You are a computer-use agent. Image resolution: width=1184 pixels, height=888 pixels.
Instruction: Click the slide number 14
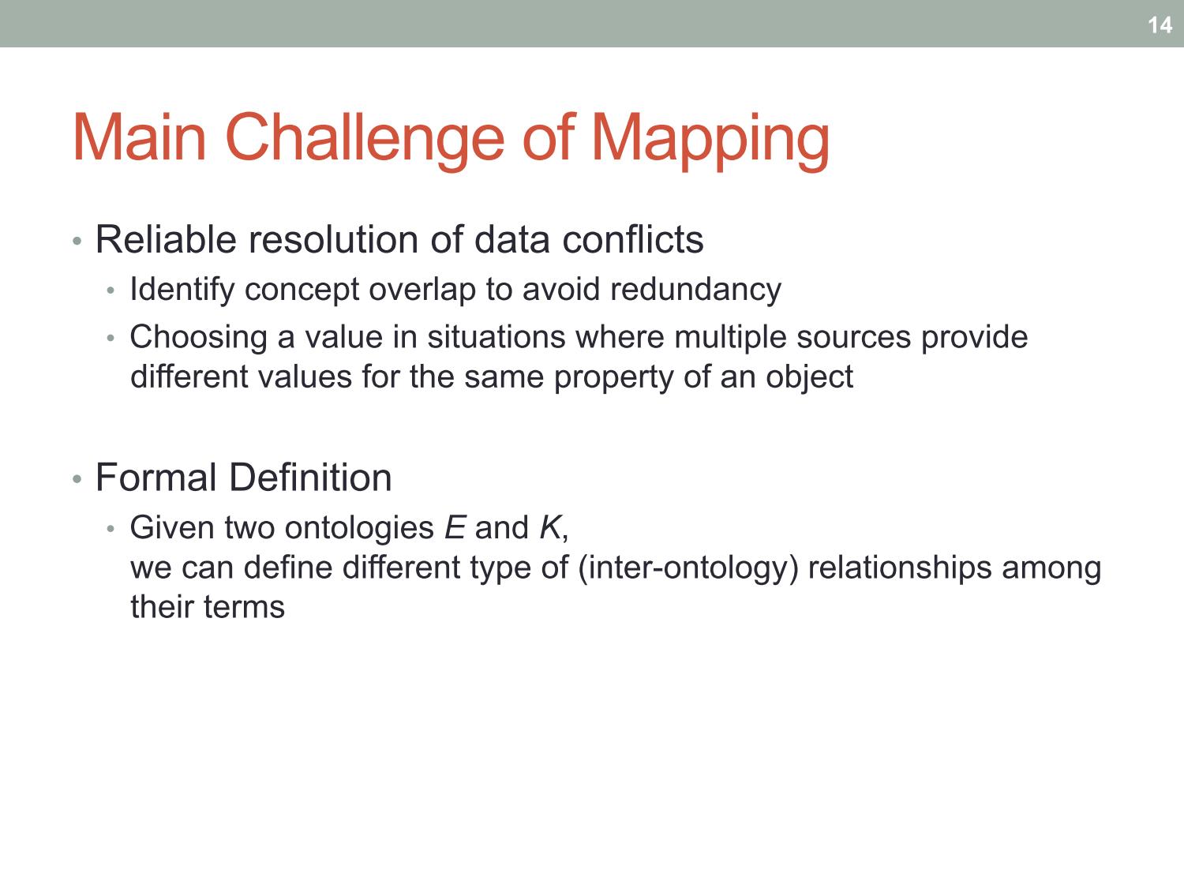click(x=1160, y=25)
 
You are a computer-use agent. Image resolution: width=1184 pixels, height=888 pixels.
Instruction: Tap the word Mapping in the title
click(x=710, y=139)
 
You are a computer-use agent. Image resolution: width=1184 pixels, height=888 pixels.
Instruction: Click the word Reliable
click(x=166, y=239)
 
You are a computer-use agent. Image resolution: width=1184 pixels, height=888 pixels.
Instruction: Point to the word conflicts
click(x=633, y=239)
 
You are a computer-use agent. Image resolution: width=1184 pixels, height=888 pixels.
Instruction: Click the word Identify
click(x=182, y=290)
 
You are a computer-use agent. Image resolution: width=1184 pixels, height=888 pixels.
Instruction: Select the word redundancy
click(x=696, y=290)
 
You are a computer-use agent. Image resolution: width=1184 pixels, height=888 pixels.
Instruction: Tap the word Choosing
click(x=198, y=338)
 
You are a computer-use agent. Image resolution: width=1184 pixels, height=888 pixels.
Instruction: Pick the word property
click(x=613, y=377)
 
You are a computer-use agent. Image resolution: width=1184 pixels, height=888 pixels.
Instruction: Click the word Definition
click(x=311, y=478)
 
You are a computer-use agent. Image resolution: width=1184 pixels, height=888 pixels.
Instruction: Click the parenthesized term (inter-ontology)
click(x=688, y=568)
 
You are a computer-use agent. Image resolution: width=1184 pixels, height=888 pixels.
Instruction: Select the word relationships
click(x=900, y=568)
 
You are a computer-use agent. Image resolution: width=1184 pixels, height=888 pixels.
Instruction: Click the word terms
click(x=245, y=607)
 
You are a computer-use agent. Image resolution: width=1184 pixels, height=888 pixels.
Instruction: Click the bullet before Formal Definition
click(x=77, y=478)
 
